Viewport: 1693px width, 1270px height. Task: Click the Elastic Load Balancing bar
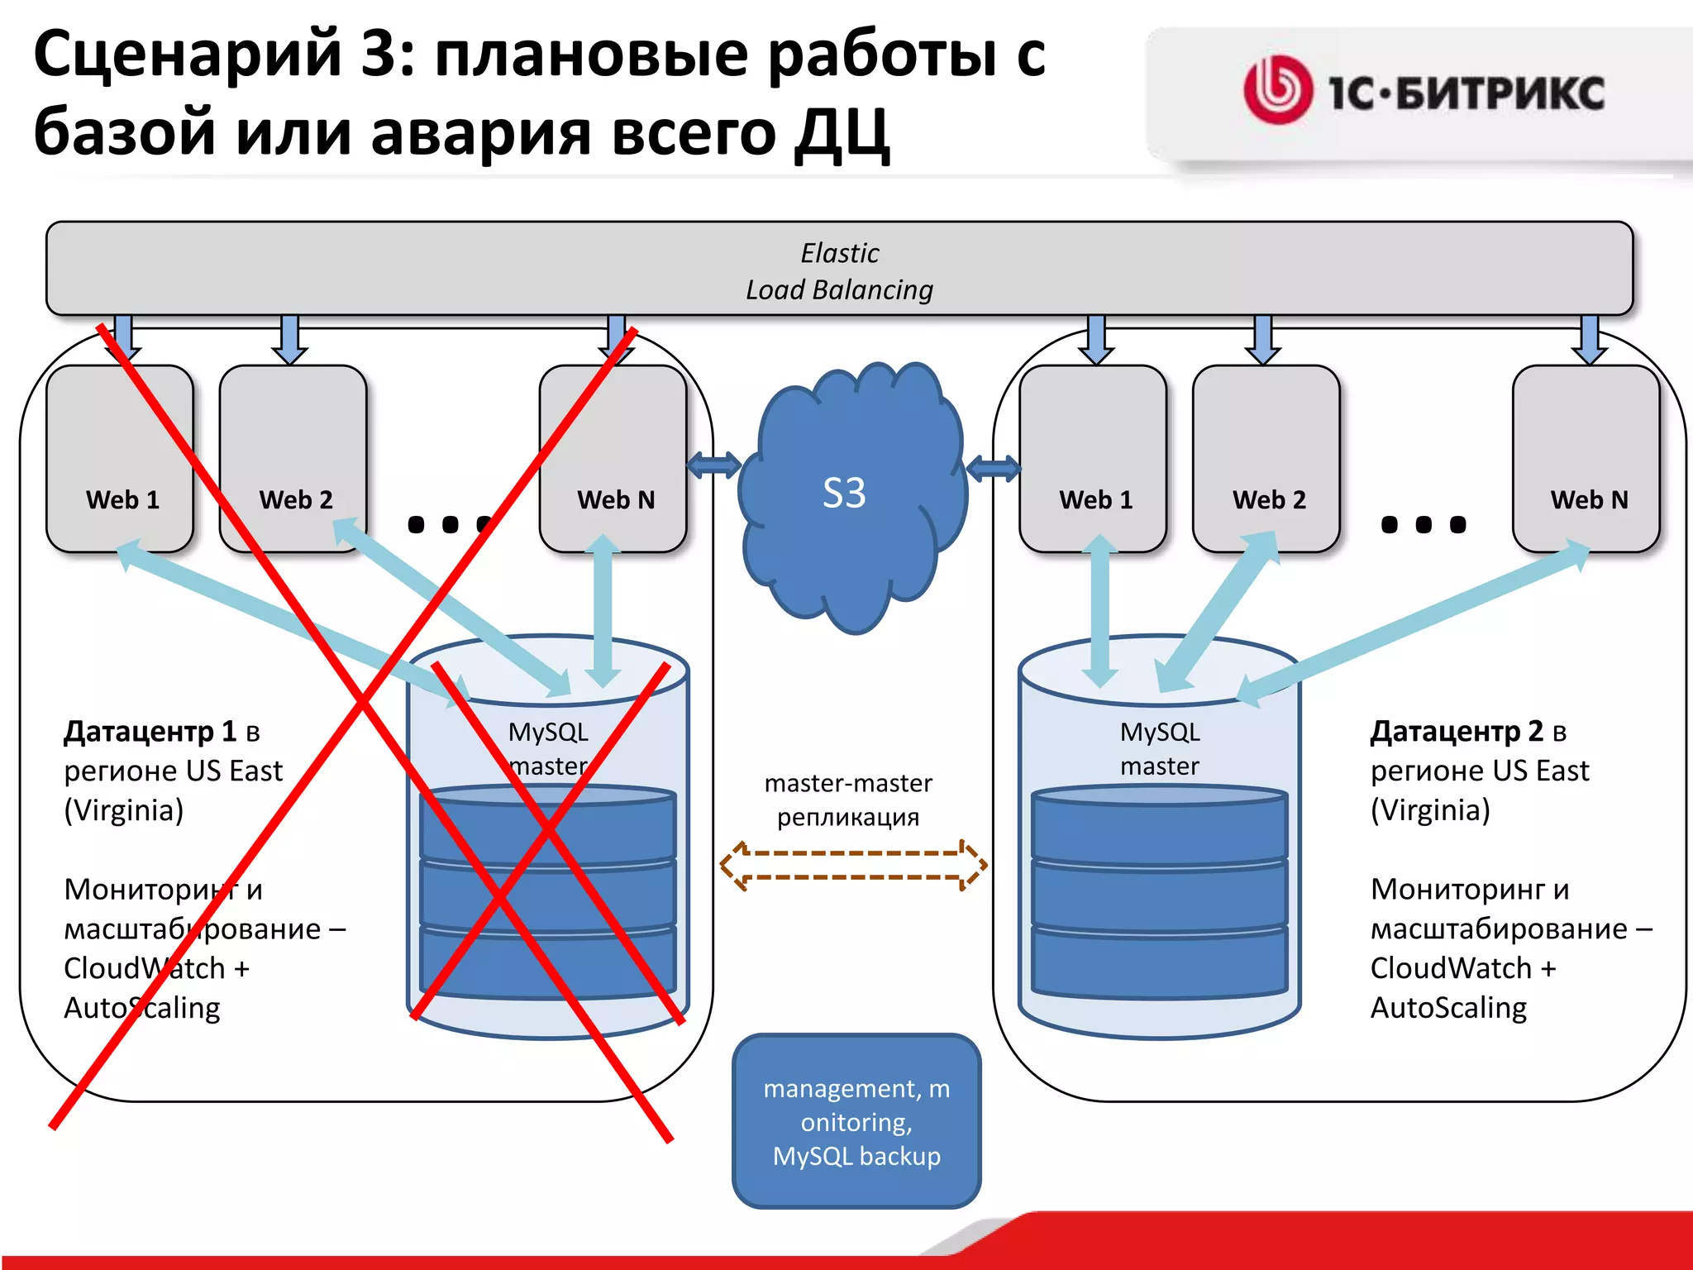[839, 270]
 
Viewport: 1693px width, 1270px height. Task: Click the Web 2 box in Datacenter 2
[1266, 459]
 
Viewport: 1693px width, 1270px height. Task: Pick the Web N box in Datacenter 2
[1587, 459]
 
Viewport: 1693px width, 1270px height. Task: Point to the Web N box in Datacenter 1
[613, 459]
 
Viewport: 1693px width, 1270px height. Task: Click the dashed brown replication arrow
[853, 865]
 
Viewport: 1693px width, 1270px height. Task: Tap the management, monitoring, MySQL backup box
[856, 1121]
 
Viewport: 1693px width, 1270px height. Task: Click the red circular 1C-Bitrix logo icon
[1278, 90]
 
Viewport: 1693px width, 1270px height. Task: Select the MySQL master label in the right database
[1160, 749]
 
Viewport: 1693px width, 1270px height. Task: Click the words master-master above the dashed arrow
[848, 783]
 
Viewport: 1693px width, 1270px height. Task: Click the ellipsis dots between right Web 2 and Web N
[1424, 524]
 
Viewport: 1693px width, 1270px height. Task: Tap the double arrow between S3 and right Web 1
[993, 469]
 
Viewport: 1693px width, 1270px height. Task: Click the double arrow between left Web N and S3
[714, 466]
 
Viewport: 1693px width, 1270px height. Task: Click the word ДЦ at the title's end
[841, 132]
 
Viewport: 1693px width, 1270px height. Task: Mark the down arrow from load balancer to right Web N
[1589, 339]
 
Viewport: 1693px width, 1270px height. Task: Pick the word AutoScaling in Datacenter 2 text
[1448, 1008]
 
